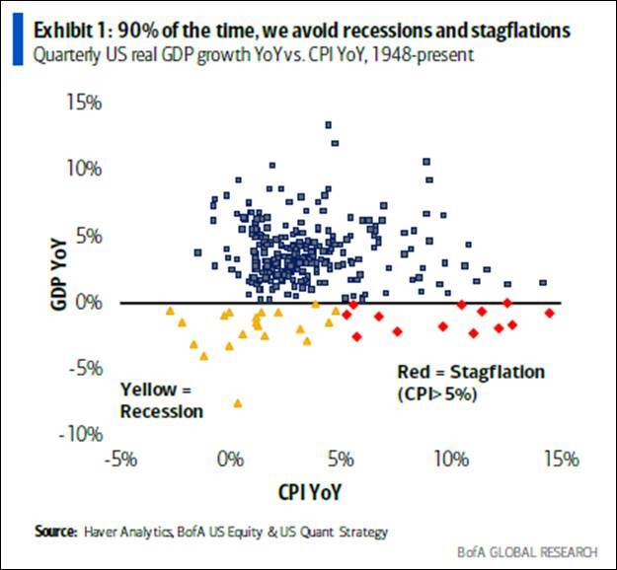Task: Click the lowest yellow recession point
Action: [x=238, y=402]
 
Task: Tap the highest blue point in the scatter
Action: [x=329, y=124]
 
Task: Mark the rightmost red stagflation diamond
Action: [x=550, y=313]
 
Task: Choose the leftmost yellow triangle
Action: [x=170, y=312]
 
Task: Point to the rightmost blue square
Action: [x=543, y=282]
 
